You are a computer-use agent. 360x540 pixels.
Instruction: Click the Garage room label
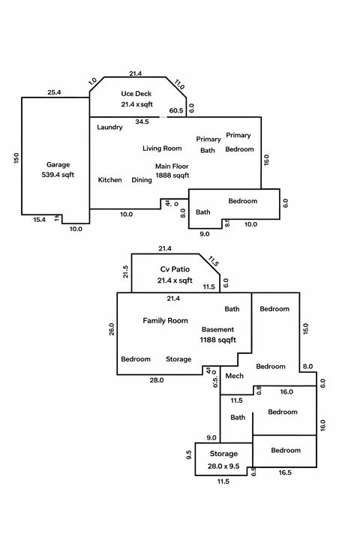pos(58,163)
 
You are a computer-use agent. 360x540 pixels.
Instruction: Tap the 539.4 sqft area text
pos(58,174)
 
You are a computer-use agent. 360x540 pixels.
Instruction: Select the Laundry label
pos(109,127)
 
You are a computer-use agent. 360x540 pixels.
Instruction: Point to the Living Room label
pos(162,148)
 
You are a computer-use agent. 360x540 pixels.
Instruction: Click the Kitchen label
pos(109,180)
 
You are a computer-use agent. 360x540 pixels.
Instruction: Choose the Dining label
pos(142,180)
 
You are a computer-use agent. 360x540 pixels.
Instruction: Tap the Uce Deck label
pos(136,94)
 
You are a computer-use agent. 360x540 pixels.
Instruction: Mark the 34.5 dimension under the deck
pos(142,121)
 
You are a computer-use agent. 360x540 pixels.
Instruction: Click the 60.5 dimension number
pos(176,110)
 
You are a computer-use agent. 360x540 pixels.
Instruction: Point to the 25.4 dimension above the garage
pos(54,92)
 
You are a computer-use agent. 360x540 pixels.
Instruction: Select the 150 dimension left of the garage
pos(16,158)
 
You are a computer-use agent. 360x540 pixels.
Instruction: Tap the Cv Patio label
pos(174,269)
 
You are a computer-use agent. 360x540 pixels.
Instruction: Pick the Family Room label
pos(165,320)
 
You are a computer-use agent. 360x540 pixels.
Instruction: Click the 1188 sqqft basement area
pos(217,340)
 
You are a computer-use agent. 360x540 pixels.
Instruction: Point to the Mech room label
pos(234,376)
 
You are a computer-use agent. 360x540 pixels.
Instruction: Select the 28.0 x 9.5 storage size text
pos(223,465)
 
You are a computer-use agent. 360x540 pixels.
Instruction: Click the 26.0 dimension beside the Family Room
pos(112,330)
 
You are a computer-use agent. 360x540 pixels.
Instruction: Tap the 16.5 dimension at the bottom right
pos(285,474)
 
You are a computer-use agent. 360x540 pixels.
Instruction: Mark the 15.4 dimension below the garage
pos(40,220)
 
